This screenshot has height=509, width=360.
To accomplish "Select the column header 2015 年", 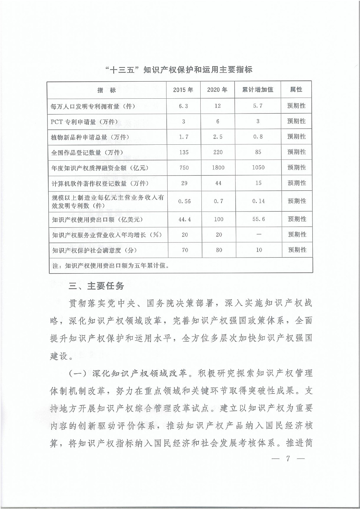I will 183,90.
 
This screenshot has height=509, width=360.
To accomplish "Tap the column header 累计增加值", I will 258,90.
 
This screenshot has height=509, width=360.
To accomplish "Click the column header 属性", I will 296,90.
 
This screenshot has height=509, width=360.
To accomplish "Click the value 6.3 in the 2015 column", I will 184,106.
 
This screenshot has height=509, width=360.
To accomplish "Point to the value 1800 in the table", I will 218,168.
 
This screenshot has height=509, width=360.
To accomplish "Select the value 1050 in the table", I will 258,168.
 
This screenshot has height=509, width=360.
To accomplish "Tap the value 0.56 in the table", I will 184,201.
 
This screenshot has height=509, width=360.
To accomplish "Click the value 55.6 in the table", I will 258,219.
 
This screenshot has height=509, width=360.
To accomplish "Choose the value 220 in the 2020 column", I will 218,152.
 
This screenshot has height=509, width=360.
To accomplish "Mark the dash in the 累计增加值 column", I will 259,234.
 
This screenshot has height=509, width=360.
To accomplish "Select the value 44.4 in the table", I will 184,219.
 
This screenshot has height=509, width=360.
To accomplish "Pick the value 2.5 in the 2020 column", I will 218,137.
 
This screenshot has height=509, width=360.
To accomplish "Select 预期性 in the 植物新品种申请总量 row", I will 296,137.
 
